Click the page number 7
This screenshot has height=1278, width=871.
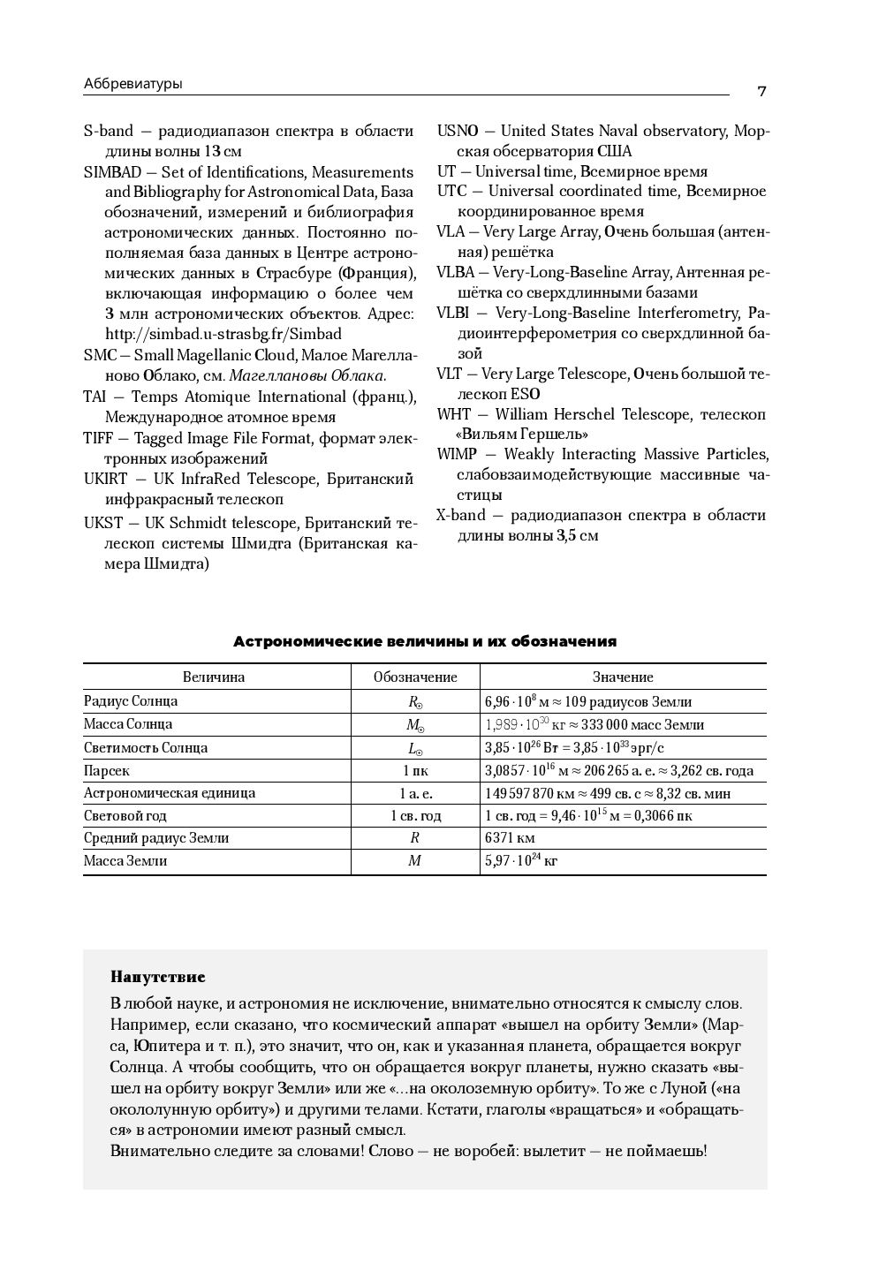tap(761, 91)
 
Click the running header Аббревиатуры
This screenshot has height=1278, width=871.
tap(133, 84)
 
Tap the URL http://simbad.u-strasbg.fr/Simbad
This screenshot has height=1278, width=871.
tap(223, 334)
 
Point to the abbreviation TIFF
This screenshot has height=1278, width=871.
tap(98, 438)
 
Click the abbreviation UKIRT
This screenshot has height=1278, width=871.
tap(105, 479)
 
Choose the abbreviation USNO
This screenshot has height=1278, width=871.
tap(457, 131)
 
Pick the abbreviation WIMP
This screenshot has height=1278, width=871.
tap(456, 454)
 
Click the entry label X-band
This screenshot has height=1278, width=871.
tap(460, 515)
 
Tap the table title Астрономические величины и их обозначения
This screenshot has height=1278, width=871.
tap(424, 641)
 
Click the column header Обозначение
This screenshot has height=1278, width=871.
tap(415, 677)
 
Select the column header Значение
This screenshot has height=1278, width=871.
tap(623, 677)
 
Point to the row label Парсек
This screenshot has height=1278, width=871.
tap(107, 770)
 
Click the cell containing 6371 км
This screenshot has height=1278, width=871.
tap(510, 837)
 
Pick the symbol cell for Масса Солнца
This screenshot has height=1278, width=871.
tap(415, 724)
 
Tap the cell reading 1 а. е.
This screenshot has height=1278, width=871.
tap(415, 793)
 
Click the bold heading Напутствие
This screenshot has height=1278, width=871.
tap(157, 977)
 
